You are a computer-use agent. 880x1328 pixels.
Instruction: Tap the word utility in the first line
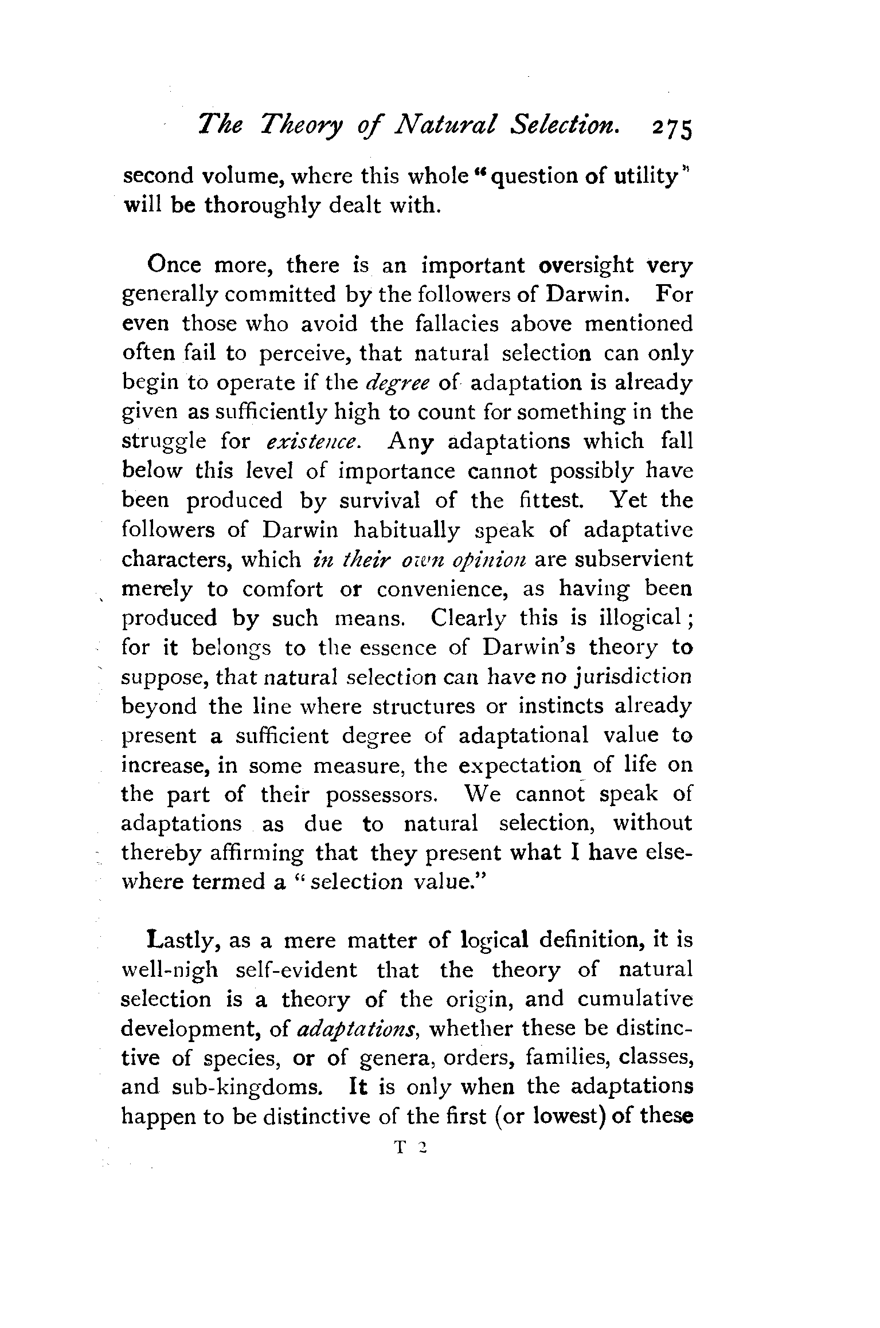(x=647, y=176)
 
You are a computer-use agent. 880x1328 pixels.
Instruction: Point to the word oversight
(x=589, y=266)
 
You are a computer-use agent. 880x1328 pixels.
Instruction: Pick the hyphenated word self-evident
(x=296, y=971)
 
